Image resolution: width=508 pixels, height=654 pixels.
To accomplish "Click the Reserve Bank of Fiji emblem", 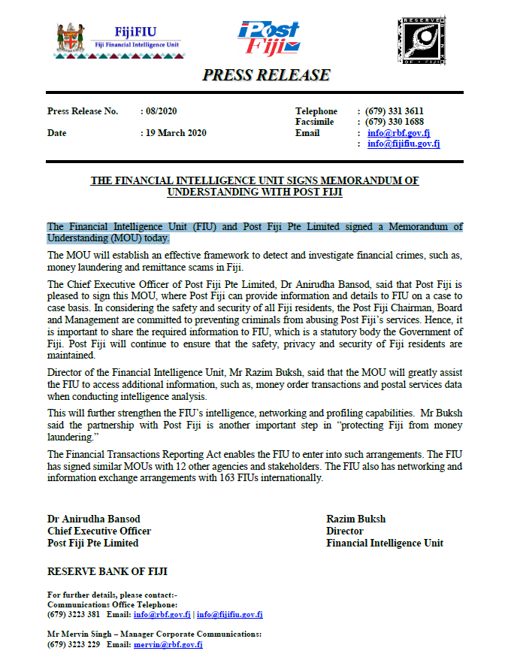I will point(422,40).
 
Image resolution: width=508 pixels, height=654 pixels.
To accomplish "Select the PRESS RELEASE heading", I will point(266,75).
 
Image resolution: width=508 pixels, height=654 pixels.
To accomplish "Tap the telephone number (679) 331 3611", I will point(394,111).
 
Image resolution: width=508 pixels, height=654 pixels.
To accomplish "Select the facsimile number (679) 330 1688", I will point(394,122).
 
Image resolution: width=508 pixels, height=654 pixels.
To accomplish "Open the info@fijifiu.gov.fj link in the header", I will point(404,144).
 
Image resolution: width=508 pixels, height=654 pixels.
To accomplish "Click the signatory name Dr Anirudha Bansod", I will point(93,519).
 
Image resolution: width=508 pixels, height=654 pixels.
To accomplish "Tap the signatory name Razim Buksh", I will point(355,519).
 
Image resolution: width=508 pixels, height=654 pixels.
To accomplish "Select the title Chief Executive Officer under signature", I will point(99,531).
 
